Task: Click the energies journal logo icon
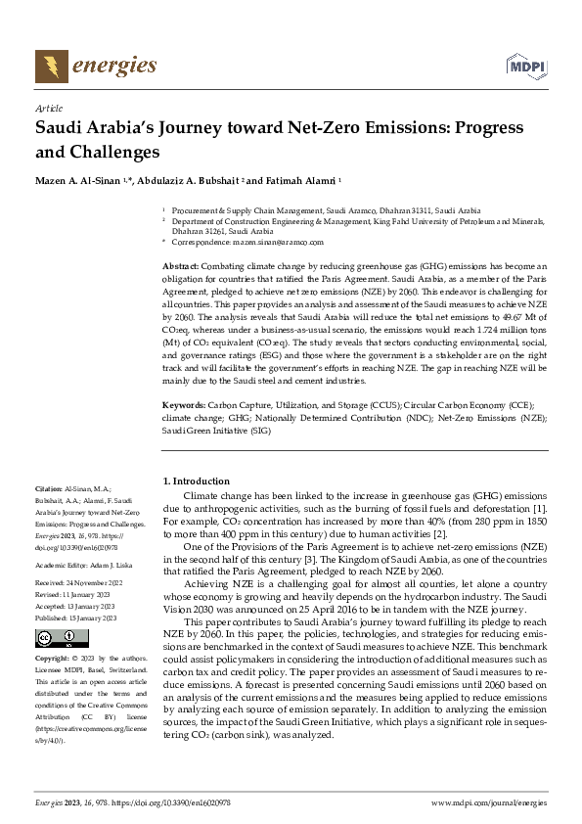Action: click(x=50, y=67)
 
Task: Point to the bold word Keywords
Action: click(x=182, y=403)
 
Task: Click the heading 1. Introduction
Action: click(x=196, y=481)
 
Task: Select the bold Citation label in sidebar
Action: click(x=48, y=486)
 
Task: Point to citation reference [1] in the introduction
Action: click(x=540, y=508)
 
